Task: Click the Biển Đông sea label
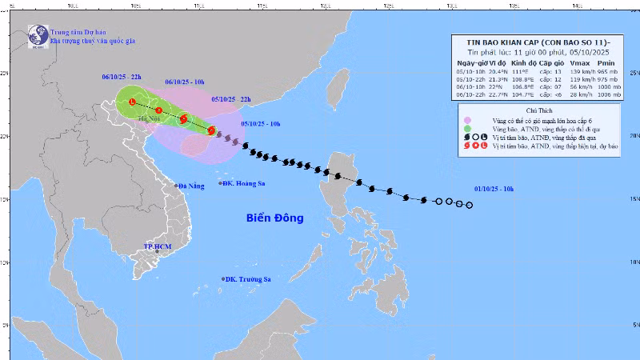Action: [274, 218]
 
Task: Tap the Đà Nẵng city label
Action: [191, 186]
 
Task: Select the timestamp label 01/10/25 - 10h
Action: [493, 189]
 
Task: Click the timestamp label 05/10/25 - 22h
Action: [231, 99]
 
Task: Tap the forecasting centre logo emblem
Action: [38, 35]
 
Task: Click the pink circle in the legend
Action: [466, 121]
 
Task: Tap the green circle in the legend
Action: [466, 129]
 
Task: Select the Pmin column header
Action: [607, 62]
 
